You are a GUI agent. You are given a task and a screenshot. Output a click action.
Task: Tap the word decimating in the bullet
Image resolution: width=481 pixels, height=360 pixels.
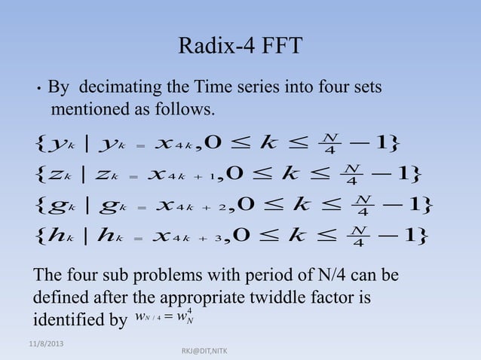click(x=115, y=88)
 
